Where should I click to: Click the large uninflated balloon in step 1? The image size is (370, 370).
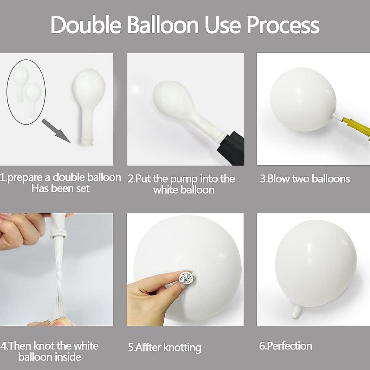88,99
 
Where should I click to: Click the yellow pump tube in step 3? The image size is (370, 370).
355,126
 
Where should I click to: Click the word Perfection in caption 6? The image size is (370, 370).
289,346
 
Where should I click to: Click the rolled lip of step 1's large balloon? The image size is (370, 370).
88,142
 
